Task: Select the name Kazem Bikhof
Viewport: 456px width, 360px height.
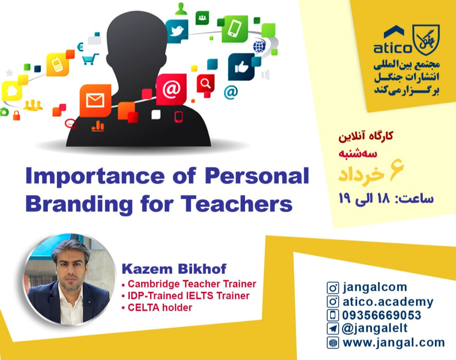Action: (x=174, y=268)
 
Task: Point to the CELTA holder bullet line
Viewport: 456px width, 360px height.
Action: (x=160, y=307)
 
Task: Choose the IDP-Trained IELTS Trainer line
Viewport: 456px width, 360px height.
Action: (x=188, y=295)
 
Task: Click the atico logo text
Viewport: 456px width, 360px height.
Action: (x=392, y=48)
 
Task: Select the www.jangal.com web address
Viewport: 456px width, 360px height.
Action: (x=394, y=342)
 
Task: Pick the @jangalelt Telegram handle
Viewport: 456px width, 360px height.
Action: (x=375, y=328)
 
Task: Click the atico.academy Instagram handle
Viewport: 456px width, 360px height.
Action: (x=388, y=302)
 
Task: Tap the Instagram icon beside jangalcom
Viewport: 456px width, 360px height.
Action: (x=333, y=288)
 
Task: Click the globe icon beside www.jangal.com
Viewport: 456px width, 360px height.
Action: (x=333, y=342)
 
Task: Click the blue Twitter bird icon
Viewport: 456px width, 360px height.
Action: (x=176, y=31)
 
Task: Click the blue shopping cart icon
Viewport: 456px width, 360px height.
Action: (x=90, y=59)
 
